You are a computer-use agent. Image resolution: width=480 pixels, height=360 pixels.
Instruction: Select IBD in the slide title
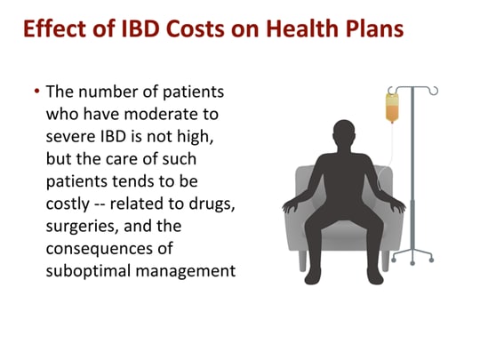click(121, 28)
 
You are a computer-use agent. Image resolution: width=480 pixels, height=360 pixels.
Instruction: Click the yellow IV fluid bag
click(392, 107)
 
